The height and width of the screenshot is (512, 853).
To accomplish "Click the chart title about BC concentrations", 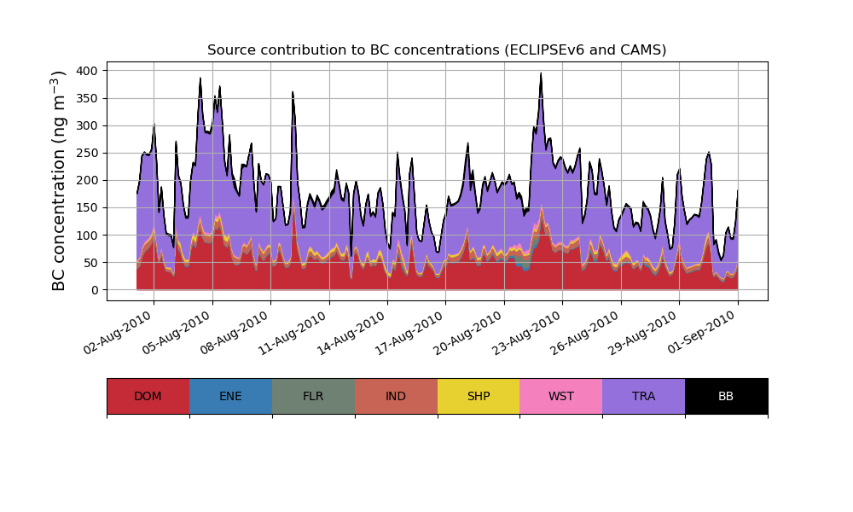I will [x=437, y=50].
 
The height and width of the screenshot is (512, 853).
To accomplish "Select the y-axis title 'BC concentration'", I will [x=59, y=181].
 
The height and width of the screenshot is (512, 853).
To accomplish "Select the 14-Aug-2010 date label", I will [x=354, y=335].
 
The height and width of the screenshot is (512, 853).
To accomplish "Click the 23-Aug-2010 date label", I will [x=529, y=335].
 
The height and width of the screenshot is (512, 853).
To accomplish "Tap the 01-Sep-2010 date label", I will [x=705, y=335].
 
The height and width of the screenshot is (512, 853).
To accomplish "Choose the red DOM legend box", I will [x=148, y=396].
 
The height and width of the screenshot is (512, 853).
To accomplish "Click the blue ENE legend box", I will [x=230, y=396].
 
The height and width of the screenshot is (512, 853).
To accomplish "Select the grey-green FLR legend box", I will [x=313, y=396].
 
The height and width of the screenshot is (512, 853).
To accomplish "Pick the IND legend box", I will [x=396, y=396].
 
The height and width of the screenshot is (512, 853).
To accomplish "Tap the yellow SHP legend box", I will [x=479, y=396].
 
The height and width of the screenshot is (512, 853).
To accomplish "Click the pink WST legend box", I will [x=561, y=396].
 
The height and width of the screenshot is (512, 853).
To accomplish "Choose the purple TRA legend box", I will [x=644, y=396].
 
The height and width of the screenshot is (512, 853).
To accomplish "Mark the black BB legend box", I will [x=726, y=396].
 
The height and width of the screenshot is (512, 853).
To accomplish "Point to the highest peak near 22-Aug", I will [x=541, y=74].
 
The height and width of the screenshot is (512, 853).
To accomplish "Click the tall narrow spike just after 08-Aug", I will [x=293, y=92].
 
